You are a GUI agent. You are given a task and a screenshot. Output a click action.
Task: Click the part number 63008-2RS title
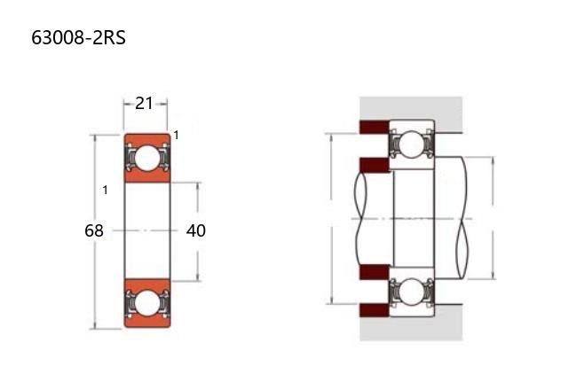point(78,37)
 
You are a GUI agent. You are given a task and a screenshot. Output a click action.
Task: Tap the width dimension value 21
point(144,104)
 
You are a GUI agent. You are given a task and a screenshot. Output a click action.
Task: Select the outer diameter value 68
point(94,230)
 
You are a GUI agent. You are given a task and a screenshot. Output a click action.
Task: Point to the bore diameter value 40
point(196,230)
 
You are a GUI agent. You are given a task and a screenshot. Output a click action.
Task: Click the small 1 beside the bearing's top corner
point(177,136)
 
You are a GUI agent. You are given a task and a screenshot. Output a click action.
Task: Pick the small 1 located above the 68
point(105,190)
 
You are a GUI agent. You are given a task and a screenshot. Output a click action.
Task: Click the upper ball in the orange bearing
point(147,158)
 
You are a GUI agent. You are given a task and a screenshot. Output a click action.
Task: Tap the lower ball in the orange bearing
point(147,303)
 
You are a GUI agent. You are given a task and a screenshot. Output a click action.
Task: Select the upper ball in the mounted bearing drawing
point(412,144)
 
